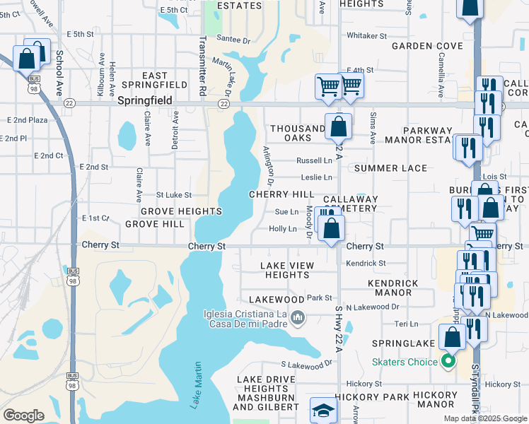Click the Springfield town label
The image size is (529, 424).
[145, 101]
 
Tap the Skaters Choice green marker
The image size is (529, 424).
[447, 362]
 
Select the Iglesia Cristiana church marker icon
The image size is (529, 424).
[298, 319]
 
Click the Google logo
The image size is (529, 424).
[23, 416]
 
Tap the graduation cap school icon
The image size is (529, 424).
[323, 411]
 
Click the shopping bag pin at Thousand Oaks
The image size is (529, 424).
[339, 128]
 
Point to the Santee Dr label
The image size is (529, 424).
[233, 40]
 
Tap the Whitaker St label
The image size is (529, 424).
[366, 35]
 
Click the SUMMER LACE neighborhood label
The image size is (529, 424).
[390, 168]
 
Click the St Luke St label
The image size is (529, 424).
[174, 194]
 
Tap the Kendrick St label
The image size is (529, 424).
[366, 263]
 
